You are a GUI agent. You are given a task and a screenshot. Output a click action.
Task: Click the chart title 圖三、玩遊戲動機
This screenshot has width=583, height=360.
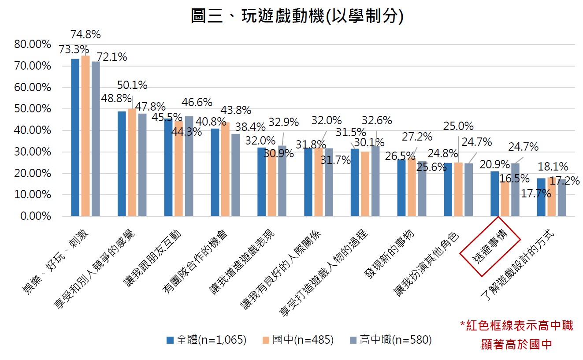(297, 16)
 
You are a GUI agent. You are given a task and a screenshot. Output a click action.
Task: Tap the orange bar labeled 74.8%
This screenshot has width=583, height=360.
(85, 136)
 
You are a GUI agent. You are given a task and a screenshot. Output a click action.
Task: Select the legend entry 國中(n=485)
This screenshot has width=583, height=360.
(298, 340)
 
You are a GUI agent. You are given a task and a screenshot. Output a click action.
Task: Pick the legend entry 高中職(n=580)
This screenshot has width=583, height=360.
(390, 340)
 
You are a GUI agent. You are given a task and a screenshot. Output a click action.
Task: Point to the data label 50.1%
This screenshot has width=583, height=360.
(132, 85)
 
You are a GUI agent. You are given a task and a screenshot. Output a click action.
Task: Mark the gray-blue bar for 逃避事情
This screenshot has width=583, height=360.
(515, 190)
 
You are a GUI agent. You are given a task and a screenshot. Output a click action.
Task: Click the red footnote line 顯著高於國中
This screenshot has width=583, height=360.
(516, 344)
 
